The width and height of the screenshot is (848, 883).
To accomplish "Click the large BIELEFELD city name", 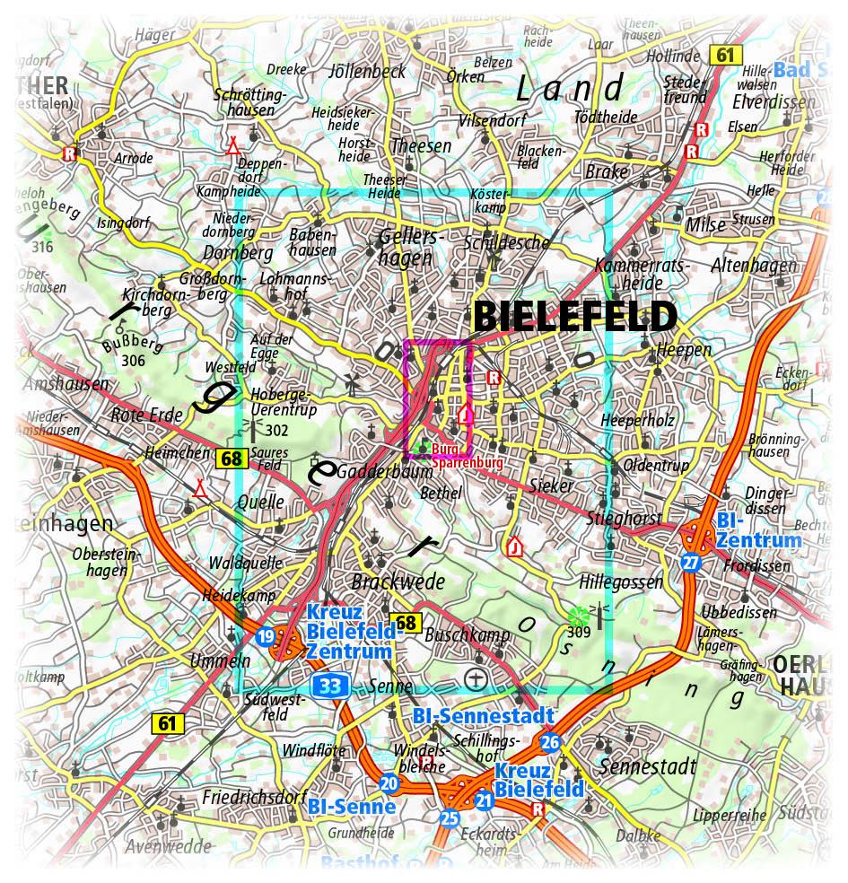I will click(x=574, y=317).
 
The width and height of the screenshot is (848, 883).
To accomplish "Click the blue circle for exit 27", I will click(x=690, y=563).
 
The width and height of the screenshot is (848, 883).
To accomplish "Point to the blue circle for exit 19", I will click(x=265, y=637).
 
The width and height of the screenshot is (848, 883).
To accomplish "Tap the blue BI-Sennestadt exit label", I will click(x=482, y=716).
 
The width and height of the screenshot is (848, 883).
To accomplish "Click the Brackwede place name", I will click(x=398, y=581).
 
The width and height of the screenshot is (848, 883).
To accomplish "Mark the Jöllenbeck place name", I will click(x=368, y=72).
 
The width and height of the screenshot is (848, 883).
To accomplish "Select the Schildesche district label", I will click(x=505, y=243).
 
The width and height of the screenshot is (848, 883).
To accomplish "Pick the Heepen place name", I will click(x=684, y=350).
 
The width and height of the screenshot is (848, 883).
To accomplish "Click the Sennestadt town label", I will click(x=647, y=767).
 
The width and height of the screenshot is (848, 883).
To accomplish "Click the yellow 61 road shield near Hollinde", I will click(x=725, y=56).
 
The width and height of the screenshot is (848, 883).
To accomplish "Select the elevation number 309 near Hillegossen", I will click(x=577, y=631).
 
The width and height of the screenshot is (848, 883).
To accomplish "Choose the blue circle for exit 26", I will click(x=550, y=742).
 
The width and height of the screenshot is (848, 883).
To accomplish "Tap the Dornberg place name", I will click(x=237, y=253).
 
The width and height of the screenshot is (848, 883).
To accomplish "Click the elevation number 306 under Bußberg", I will click(x=134, y=360).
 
